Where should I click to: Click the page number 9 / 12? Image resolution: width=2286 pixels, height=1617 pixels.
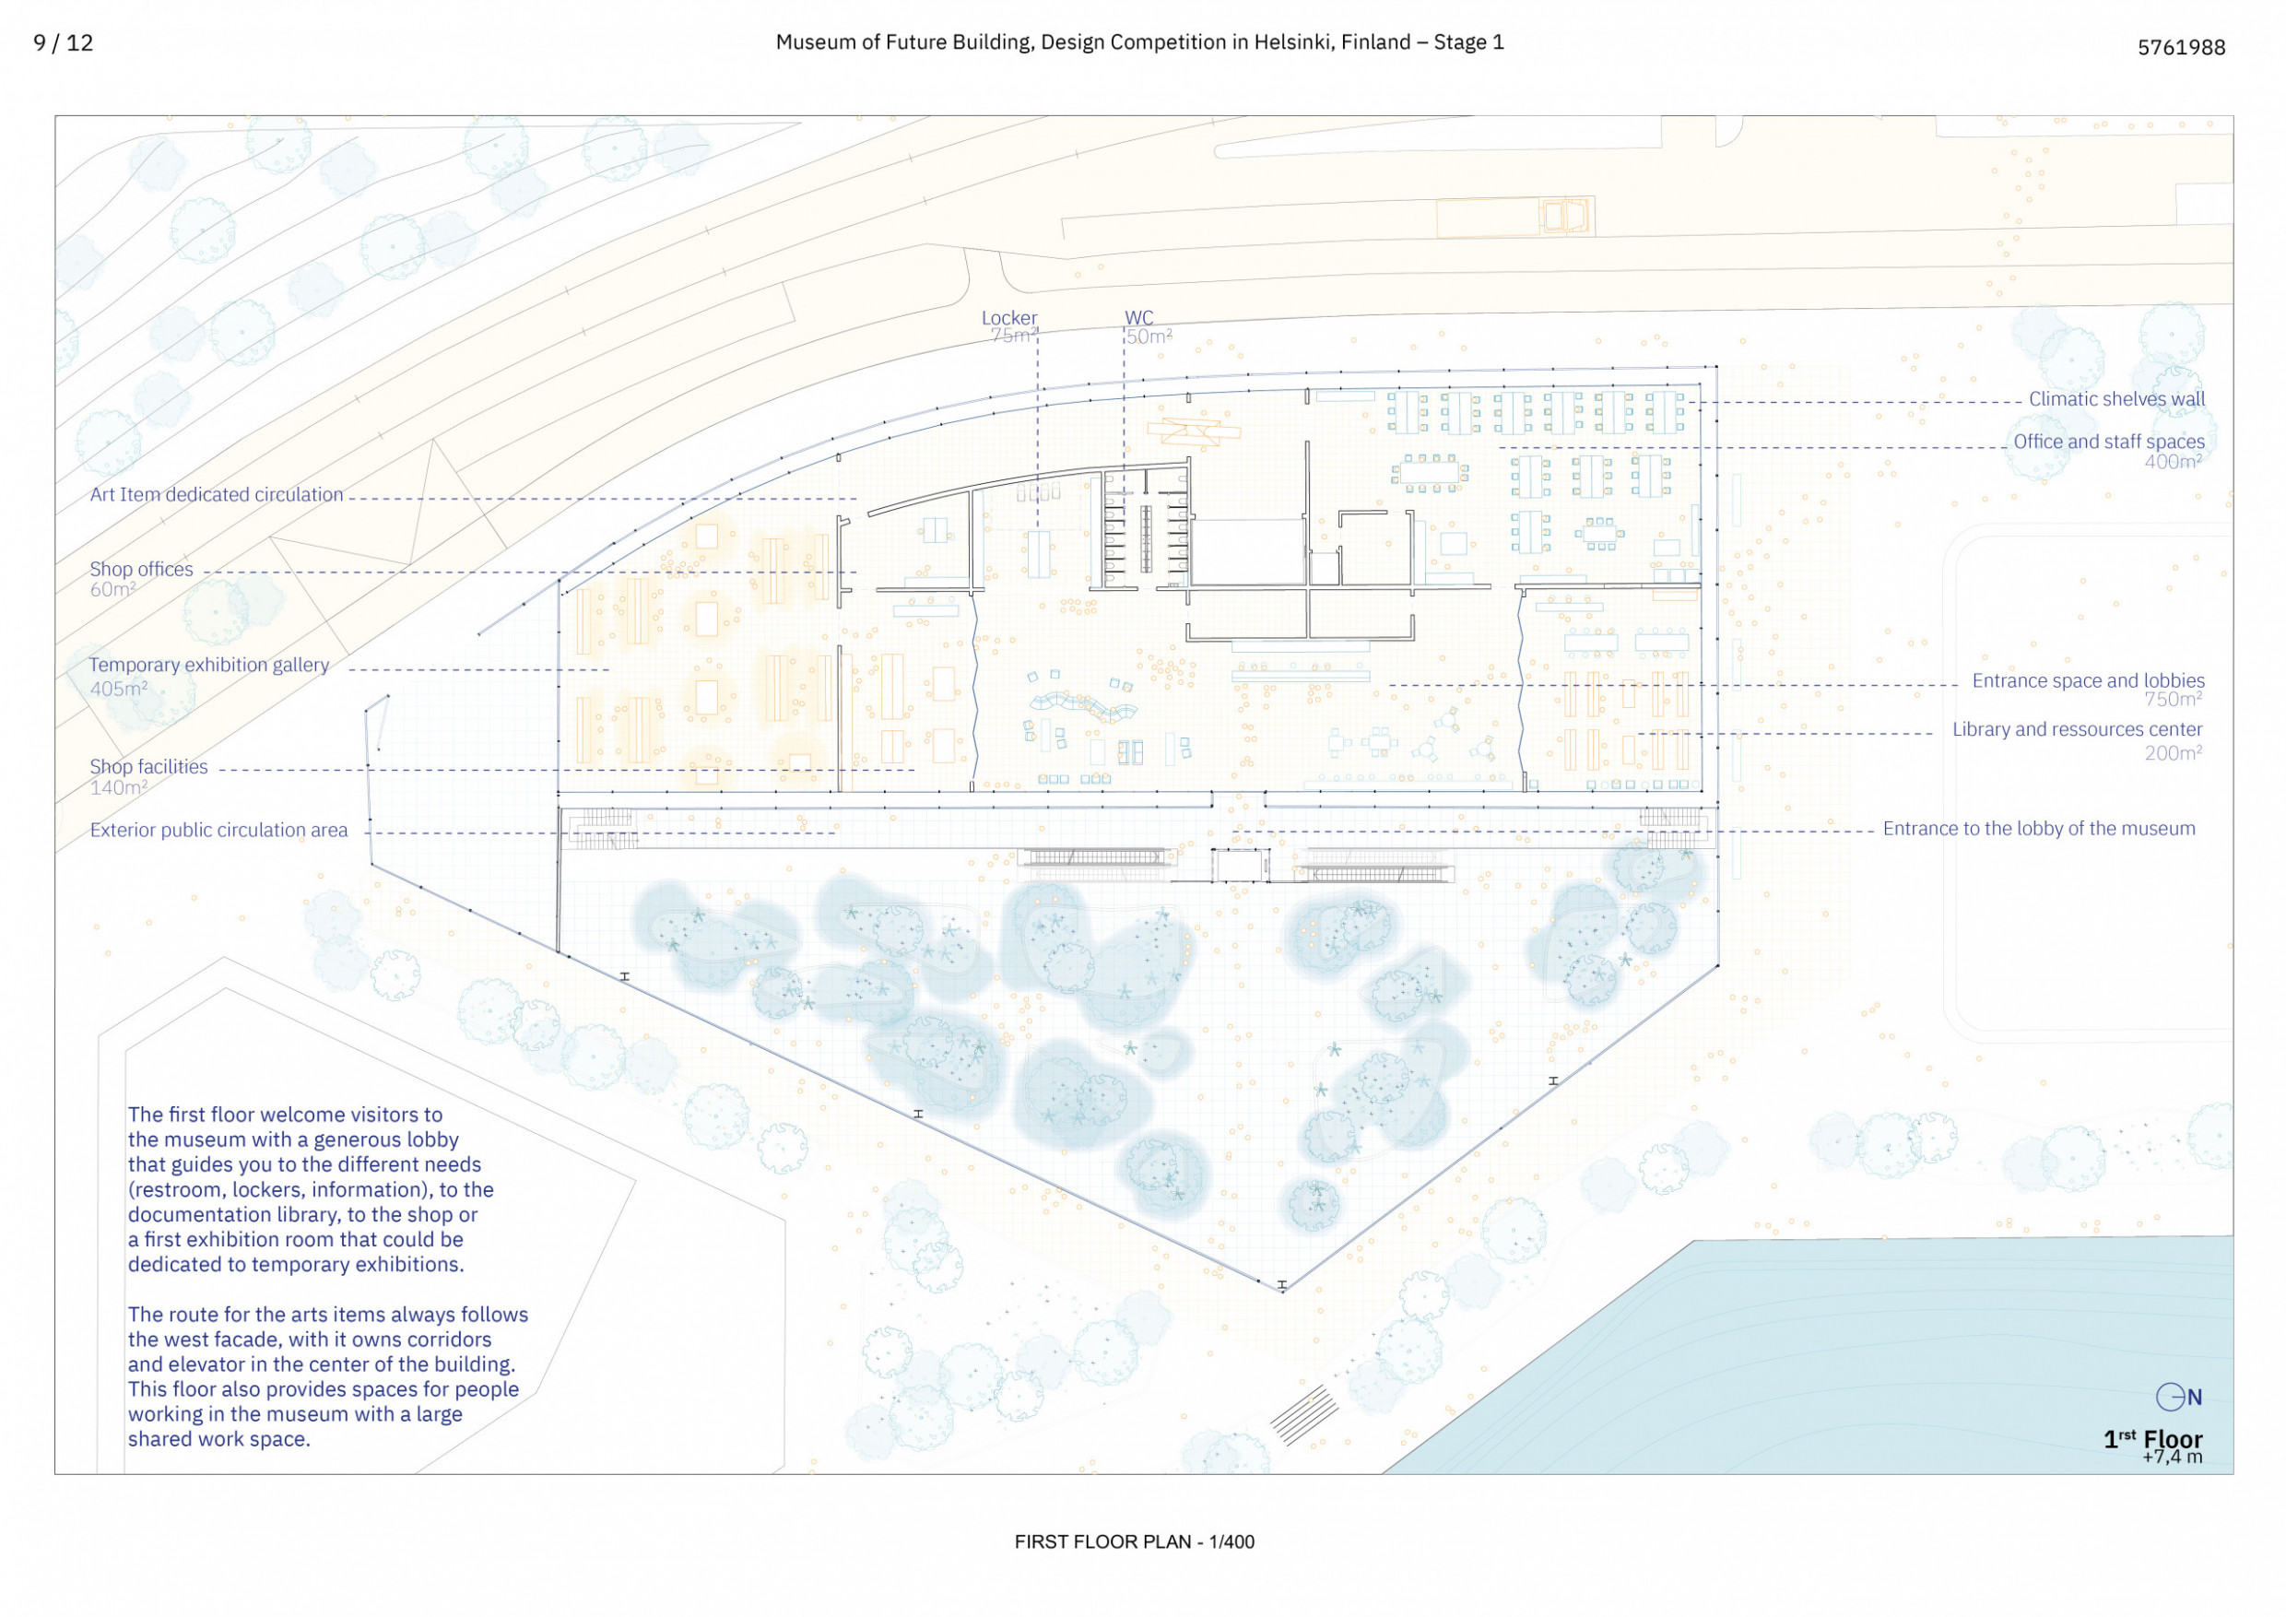coord(64,42)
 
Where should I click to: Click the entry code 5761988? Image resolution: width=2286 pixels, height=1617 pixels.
coord(2181,47)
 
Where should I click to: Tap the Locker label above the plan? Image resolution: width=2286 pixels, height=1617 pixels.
coord(1008,318)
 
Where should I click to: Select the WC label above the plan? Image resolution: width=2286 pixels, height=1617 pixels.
coord(1139,318)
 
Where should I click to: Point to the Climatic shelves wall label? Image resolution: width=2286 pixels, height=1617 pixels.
coord(2116,399)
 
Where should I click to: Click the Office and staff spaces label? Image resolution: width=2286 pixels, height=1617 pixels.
coord(2109,441)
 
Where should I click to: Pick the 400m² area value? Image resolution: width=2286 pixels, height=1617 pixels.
coord(2173,462)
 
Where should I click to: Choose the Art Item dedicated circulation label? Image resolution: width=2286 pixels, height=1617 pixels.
coord(216,494)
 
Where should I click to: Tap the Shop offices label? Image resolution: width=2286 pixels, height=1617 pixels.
coord(141,569)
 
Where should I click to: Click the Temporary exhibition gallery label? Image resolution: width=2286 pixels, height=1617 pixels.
coord(209,664)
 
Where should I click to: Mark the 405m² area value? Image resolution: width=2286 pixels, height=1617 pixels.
coord(119,688)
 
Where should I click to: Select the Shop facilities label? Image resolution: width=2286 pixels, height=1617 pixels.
coord(148,767)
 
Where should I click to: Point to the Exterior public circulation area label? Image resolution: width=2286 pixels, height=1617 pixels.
coord(219,830)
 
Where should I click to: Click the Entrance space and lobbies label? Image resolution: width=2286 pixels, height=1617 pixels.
coord(2088,680)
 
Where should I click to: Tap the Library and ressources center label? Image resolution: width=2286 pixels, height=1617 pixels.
coord(2077,729)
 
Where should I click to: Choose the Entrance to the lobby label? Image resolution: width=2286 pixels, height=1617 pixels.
coord(2038,829)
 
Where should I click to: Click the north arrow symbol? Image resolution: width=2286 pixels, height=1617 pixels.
coord(2178,1397)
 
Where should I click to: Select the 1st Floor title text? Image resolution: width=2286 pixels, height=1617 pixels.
coord(2152,1439)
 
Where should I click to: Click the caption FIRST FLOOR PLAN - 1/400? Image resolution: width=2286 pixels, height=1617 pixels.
coord(1134,1541)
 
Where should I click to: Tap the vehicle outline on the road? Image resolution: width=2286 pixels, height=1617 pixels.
coord(1564,215)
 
